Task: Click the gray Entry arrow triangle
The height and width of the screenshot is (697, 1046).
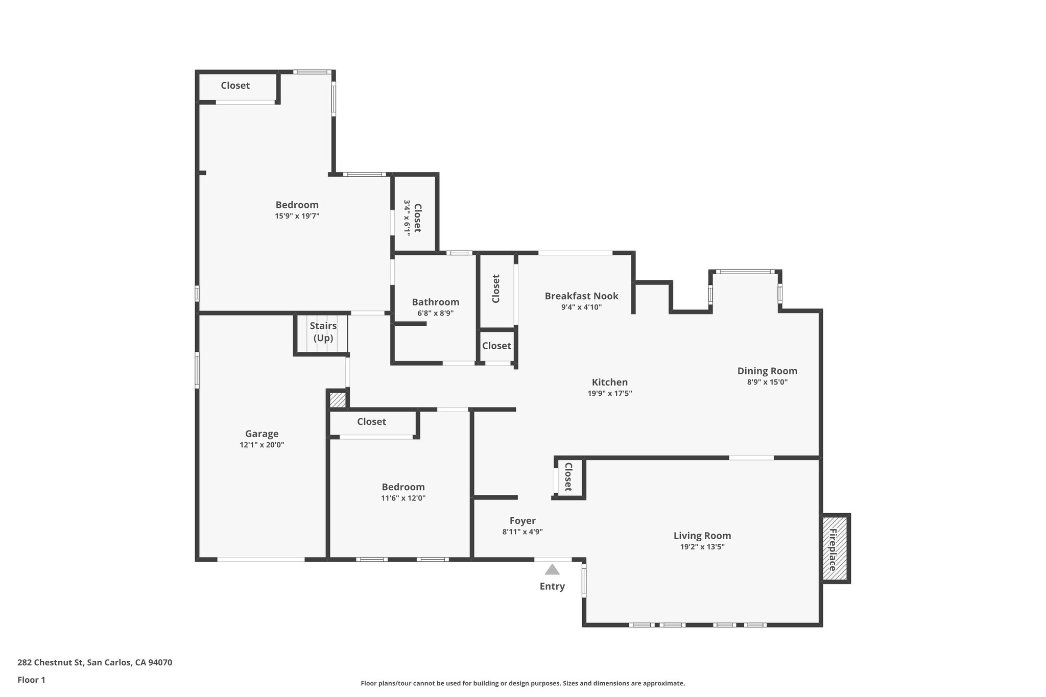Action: coord(552,570)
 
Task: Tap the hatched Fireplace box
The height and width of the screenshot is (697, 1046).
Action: coord(835,549)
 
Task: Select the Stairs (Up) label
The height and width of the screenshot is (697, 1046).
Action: coord(323,332)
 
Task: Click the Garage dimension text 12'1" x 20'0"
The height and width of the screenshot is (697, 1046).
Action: coord(261,445)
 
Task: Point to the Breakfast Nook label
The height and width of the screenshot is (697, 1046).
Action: coord(581,296)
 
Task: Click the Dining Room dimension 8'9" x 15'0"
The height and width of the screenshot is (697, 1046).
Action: coord(767,382)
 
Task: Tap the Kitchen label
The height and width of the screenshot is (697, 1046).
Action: coord(609,382)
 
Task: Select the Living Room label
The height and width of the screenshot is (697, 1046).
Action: coord(702,536)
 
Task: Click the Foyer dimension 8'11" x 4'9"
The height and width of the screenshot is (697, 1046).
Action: coord(522,532)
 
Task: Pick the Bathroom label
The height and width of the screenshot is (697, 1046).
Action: coord(435,302)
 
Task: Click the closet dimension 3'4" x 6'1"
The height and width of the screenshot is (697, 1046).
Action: coord(407,217)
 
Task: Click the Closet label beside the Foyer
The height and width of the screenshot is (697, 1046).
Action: coord(567,477)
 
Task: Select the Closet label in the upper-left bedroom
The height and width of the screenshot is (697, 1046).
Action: coord(235,86)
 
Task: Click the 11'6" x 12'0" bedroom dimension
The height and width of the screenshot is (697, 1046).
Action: coord(403,498)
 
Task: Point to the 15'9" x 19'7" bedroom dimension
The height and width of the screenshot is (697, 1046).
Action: coord(297,216)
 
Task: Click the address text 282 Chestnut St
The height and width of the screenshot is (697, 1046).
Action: coord(94,663)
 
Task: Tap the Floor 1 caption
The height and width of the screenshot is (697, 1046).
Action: coord(31,680)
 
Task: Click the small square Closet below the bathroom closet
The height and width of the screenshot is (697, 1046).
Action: coord(496,346)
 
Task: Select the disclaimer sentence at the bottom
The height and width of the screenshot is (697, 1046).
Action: coord(522,683)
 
